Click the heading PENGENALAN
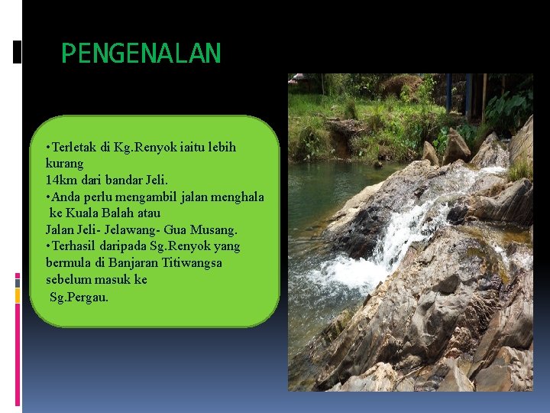(141, 54)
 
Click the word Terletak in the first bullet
(74, 146)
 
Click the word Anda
(65, 197)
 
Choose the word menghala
(237, 197)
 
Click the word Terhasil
(75, 246)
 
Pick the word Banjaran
(136, 263)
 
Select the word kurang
(64, 163)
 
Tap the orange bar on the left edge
(18, 295)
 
